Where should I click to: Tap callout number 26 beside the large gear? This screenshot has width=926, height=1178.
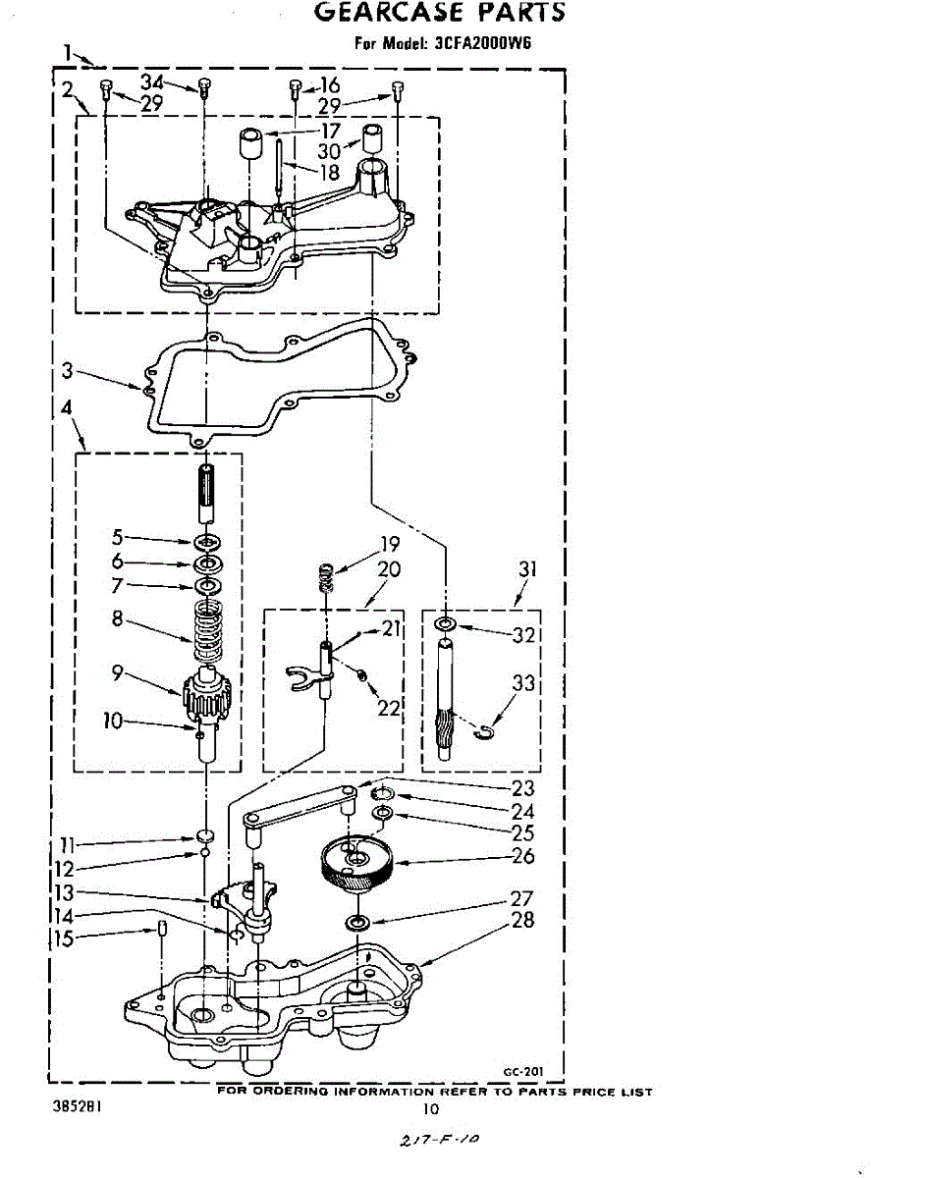523,856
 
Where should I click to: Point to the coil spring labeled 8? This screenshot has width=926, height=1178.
207,629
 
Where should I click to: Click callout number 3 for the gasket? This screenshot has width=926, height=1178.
67,371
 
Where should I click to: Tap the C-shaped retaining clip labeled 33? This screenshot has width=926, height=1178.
483,731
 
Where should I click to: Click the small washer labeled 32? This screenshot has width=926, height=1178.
446,624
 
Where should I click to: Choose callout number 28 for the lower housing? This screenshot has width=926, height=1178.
523,920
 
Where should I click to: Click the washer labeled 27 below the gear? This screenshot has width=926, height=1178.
356,923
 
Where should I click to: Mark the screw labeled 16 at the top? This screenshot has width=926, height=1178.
295,91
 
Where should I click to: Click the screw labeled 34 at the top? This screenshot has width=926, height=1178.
203,88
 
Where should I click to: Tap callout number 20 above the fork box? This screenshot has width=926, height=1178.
388,569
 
